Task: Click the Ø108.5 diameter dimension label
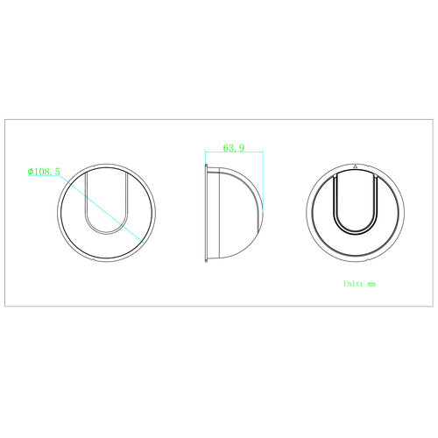point(44,172)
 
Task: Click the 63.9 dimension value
point(234,148)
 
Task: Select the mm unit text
point(371,284)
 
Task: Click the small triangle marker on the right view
point(356,166)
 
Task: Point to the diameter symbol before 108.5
point(30,172)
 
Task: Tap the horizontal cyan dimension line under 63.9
point(234,152)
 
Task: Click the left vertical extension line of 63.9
point(206,158)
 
